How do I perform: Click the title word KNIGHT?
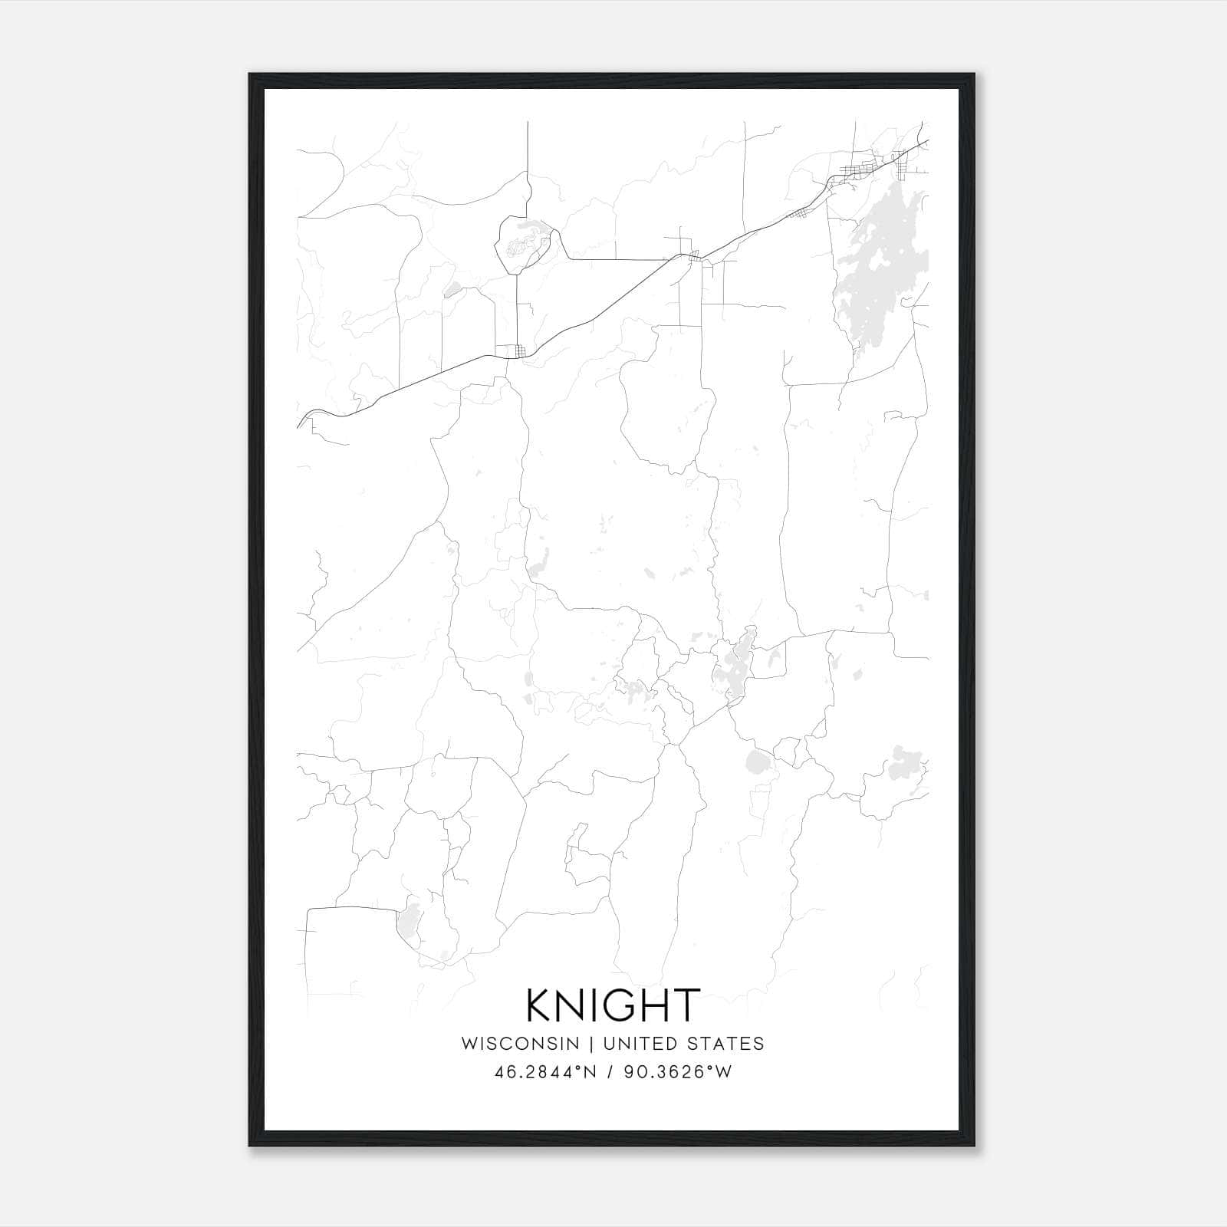pyautogui.click(x=613, y=1005)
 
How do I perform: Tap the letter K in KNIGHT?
pyautogui.click(x=540, y=1005)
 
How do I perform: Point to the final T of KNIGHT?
pyautogui.click(x=686, y=1005)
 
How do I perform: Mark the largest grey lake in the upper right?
pyautogui.click(x=882, y=268)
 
